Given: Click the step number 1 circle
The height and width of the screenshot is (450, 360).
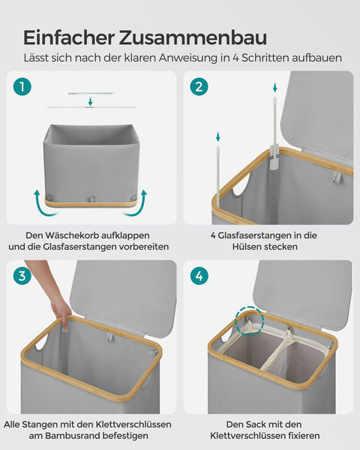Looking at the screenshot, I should pyautogui.click(x=22, y=87).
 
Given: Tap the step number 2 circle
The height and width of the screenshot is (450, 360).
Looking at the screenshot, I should pyautogui.click(x=199, y=87).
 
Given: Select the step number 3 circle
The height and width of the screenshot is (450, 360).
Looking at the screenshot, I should pyautogui.click(x=22, y=276).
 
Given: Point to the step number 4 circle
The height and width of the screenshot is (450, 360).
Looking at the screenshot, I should pyautogui.click(x=199, y=276).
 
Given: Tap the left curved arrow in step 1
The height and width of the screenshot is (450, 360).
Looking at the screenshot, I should pyautogui.click(x=37, y=201).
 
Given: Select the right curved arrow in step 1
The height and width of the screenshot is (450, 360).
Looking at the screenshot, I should pyautogui.click(x=141, y=201).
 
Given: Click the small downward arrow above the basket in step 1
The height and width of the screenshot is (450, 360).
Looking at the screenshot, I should pyautogui.click(x=90, y=100).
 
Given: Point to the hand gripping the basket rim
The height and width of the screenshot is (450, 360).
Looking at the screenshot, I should pyautogui.click(x=60, y=307).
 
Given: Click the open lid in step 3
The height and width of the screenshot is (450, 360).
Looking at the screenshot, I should pyautogui.click(x=124, y=296).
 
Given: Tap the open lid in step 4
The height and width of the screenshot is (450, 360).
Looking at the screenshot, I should pyautogui.click(x=300, y=289).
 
